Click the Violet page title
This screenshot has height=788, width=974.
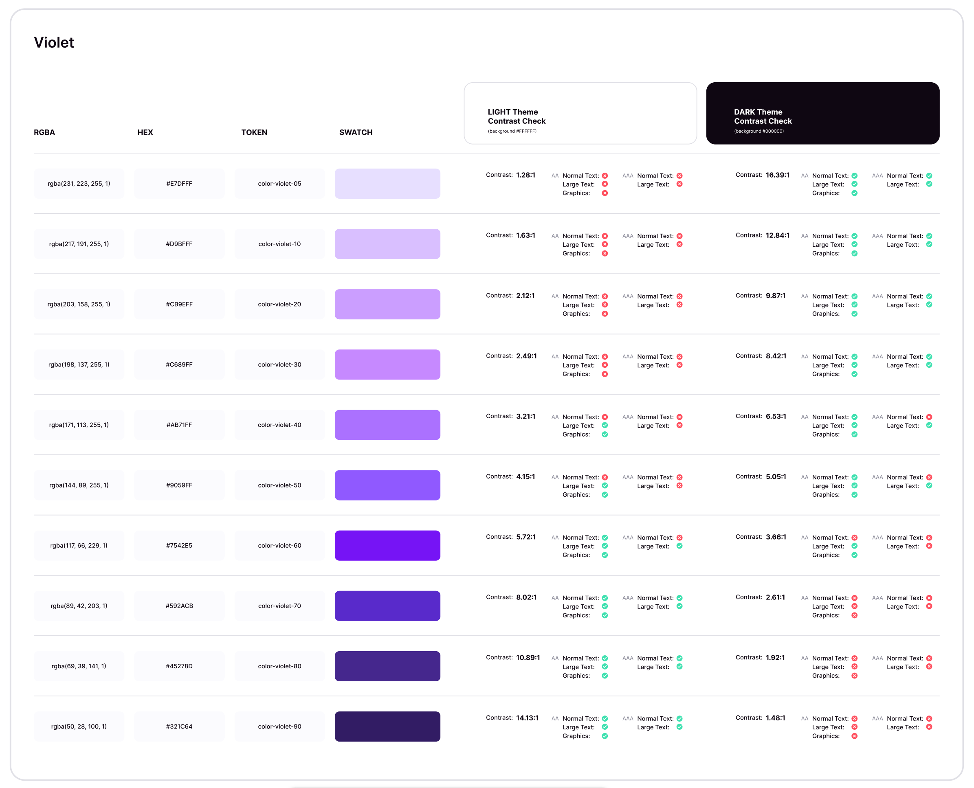tap(54, 42)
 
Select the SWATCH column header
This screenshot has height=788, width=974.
tap(356, 132)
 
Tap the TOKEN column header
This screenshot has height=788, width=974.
tap(254, 132)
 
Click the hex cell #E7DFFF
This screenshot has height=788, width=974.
tap(179, 183)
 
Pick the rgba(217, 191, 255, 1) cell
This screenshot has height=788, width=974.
tap(79, 244)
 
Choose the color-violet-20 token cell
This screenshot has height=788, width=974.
tap(280, 304)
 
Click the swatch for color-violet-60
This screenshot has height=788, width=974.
tap(387, 545)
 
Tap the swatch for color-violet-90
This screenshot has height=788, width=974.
tap(387, 726)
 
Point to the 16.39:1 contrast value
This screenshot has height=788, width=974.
tap(777, 175)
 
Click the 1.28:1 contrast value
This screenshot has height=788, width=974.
tap(525, 175)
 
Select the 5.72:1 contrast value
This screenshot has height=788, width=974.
tap(526, 536)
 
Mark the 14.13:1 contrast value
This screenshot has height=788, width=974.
tap(527, 718)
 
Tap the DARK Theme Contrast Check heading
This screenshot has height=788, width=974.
tap(763, 116)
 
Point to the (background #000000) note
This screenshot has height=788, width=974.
tap(759, 131)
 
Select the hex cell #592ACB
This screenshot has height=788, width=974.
tap(179, 606)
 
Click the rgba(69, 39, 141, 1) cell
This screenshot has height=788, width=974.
tap(79, 666)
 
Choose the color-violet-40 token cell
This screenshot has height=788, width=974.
tap(280, 425)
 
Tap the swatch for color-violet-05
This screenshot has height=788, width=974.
tap(387, 183)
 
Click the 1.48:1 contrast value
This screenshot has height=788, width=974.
tap(775, 718)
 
